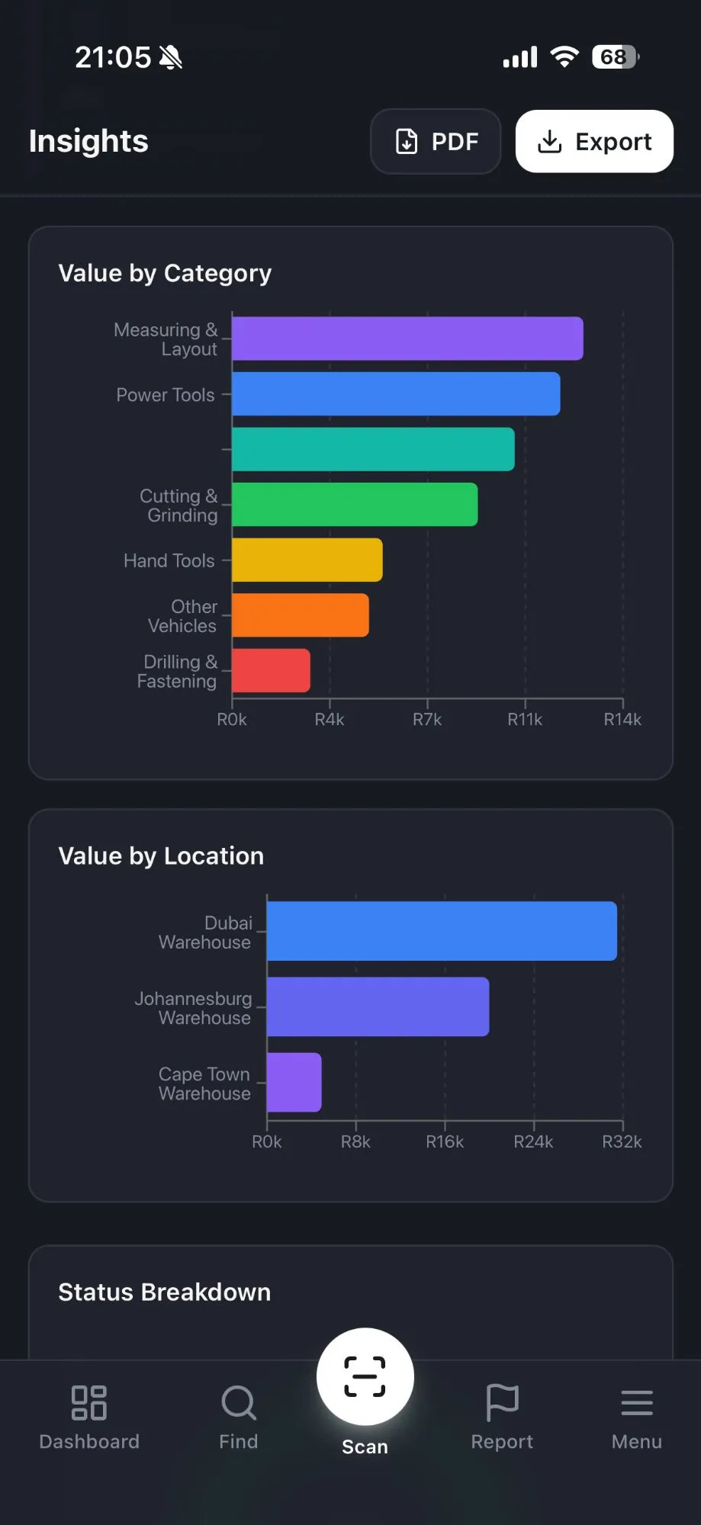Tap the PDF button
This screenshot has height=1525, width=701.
[436, 141]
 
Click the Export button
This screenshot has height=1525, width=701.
[594, 141]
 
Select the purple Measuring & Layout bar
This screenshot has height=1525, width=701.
[407, 339]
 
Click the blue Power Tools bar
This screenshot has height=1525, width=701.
[396, 394]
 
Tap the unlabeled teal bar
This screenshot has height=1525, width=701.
[373, 449]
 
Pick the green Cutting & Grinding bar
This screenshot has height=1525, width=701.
[355, 505]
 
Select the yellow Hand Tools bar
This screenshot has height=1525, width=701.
[307, 560]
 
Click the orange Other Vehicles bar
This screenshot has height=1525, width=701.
[301, 615]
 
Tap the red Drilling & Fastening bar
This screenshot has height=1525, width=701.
[271, 670]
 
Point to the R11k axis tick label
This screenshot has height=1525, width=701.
[525, 719]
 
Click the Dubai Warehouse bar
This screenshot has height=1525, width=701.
[442, 931]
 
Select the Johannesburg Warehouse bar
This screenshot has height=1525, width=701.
[378, 1006]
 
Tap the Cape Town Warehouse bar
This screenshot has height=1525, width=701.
[294, 1082]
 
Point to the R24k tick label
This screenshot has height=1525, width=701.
[533, 1141]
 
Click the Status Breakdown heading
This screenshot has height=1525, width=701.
[165, 1292]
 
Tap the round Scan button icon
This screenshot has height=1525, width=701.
[365, 1376]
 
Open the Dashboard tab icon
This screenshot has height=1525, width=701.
[89, 1403]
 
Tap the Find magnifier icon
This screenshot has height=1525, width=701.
[239, 1403]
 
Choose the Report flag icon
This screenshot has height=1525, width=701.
[502, 1403]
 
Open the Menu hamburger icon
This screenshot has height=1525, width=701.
[636, 1403]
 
